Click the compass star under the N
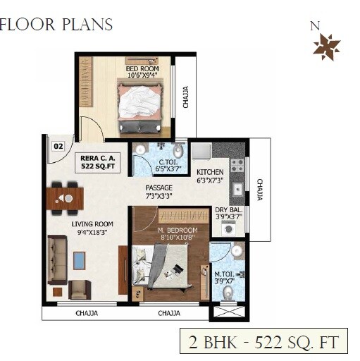(326, 47)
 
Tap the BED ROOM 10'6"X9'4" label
(143, 72)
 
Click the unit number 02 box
(58, 147)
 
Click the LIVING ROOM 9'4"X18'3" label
(92, 228)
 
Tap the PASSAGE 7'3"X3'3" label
(159, 192)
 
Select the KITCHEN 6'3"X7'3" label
(210, 176)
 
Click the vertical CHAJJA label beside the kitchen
(259, 190)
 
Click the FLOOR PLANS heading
(56, 25)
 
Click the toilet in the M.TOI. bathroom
(228, 291)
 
